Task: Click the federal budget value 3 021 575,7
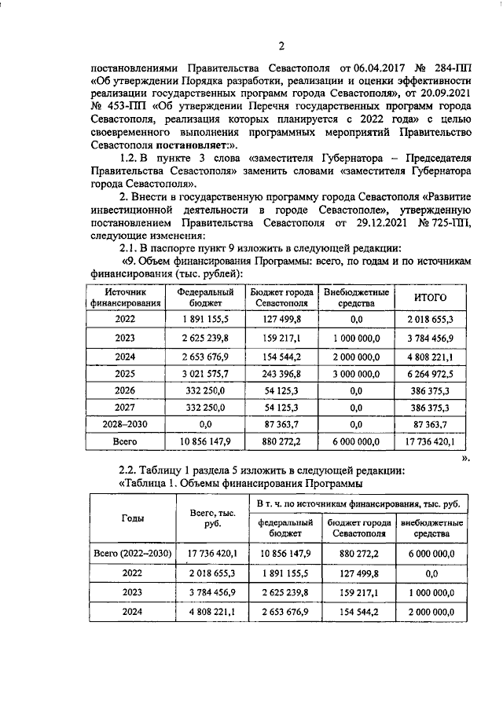[204, 373]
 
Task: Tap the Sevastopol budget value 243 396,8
[281, 373]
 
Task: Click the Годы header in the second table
[132, 518]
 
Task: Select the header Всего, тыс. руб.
[208, 518]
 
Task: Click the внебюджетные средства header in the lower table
[432, 528]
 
